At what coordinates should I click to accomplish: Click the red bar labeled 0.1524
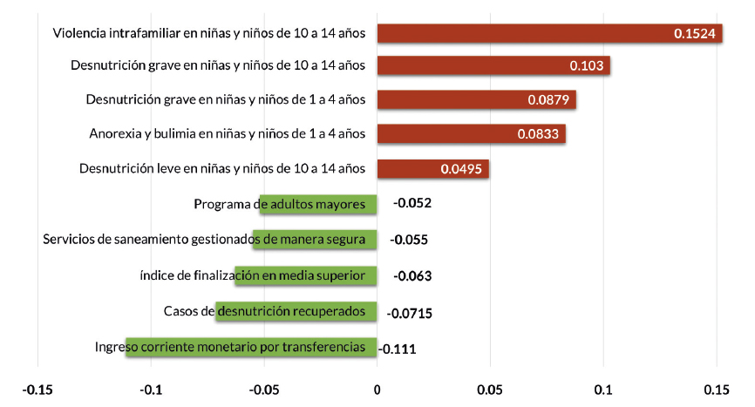click(x=549, y=33)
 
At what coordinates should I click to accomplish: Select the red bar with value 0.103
click(x=493, y=65)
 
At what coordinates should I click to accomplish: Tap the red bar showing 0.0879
click(x=476, y=99)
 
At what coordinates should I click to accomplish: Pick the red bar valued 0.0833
click(x=471, y=133)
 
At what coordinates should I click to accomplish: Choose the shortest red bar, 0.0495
click(x=432, y=168)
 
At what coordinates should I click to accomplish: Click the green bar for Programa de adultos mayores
click(x=319, y=204)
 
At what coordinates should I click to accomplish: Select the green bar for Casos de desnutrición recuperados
click(x=296, y=311)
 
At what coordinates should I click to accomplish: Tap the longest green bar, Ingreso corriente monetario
click(x=251, y=348)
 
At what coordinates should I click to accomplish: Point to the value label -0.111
click(x=398, y=349)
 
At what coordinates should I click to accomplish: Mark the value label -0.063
click(x=413, y=276)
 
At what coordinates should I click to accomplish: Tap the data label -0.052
click(x=412, y=204)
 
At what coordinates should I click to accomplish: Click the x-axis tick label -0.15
click(x=37, y=389)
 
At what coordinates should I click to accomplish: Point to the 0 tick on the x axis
click(x=377, y=389)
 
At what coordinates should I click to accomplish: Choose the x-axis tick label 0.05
click(x=490, y=389)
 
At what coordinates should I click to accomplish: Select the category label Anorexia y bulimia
click(x=227, y=133)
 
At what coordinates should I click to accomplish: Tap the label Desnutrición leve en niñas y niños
click(x=221, y=168)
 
